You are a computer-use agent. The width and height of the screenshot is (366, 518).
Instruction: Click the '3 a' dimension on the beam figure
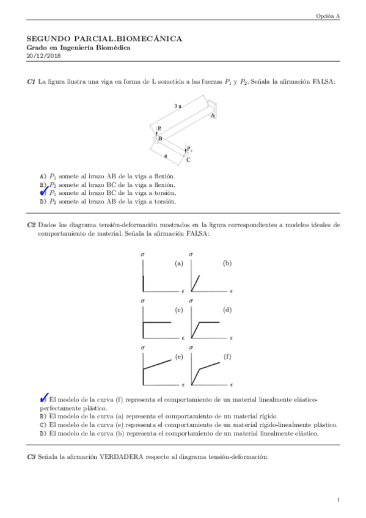click(177, 106)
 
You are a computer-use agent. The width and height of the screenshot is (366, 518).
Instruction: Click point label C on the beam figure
click(188, 159)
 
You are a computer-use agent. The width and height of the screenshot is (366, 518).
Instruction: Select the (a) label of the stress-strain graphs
click(179, 264)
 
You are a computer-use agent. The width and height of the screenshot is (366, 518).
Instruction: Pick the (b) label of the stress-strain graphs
click(227, 264)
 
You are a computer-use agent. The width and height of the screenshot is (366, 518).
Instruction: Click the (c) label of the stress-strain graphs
click(179, 310)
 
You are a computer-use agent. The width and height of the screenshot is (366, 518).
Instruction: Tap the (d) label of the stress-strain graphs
click(227, 310)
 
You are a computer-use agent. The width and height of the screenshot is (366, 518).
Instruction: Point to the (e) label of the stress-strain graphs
click(179, 356)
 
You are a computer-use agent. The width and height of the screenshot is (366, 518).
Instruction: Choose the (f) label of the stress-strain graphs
click(227, 356)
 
